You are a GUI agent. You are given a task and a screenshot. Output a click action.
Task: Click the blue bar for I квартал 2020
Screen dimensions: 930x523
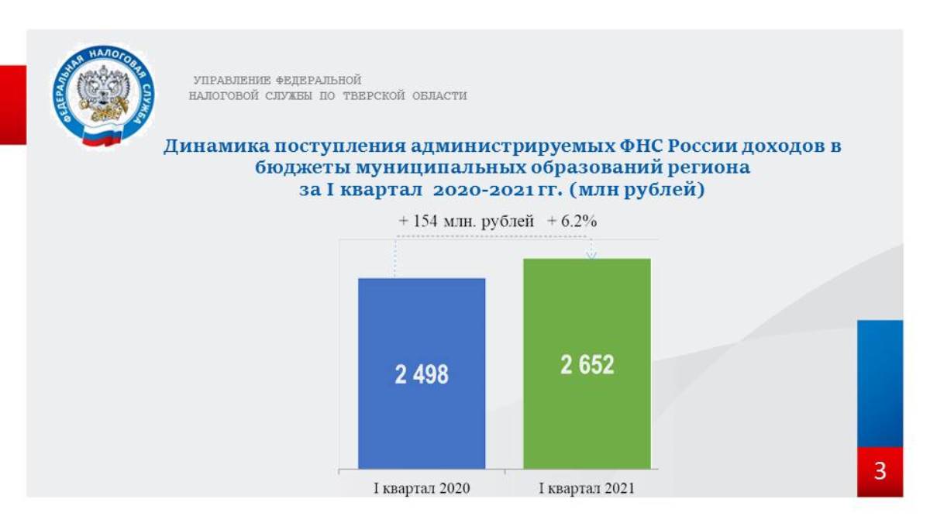pos(422,373)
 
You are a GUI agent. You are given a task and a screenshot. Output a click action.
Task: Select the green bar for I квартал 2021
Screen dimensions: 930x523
pos(587,363)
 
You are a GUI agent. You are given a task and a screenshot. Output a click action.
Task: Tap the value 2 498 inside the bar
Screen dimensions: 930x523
pos(422,374)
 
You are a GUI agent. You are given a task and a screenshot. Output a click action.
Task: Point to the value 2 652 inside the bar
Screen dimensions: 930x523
pos(587,365)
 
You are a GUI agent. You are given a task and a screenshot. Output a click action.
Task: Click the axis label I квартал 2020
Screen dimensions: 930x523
pos(422,488)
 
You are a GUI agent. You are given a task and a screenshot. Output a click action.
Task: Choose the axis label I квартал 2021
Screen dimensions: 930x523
pos(587,488)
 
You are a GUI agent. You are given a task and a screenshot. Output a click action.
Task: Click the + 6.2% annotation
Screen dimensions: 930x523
pos(572,222)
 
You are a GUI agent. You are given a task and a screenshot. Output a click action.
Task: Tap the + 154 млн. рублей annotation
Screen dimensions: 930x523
pos(467,222)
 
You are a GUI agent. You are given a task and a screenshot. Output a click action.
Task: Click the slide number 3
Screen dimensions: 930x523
pos(880,471)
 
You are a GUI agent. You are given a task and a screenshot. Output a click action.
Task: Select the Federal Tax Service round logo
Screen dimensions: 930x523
pos(103,96)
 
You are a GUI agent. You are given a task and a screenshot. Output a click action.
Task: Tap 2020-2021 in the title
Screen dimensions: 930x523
pos(483,190)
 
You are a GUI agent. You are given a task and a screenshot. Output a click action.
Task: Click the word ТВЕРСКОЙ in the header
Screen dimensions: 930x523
pos(374,96)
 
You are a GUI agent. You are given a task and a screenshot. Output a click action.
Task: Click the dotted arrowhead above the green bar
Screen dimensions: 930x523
pos(591,254)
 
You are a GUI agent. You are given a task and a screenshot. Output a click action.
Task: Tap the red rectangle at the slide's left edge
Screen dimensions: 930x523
pos(13,105)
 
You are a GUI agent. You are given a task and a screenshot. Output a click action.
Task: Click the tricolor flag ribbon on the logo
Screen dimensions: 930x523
pos(102,136)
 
